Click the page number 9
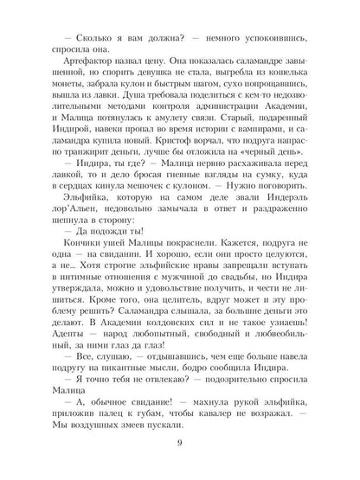[180, 444]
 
